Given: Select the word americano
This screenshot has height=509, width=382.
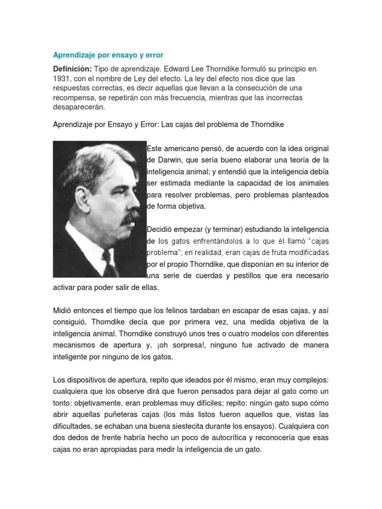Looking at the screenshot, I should tap(183, 149).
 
